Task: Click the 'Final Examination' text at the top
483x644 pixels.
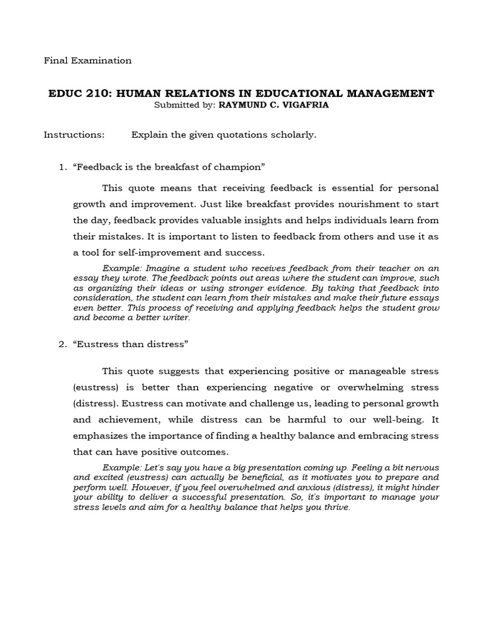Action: [87, 61]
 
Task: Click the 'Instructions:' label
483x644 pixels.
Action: [74, 135]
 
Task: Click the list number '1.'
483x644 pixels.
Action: [62, 167]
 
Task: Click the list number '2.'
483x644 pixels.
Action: [62, 344]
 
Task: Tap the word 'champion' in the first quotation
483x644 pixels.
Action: [241, 167]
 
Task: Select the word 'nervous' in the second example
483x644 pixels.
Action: [421, 468]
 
